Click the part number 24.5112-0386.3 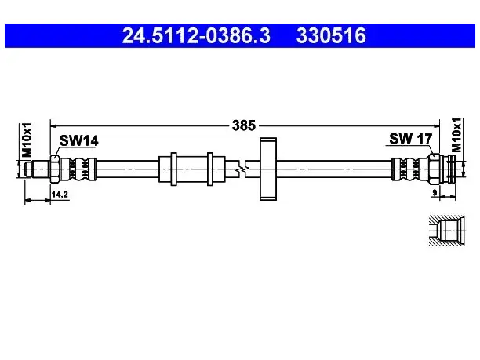[x=196, y=35]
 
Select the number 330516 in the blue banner [x=331, y=35]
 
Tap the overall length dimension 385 [x=244, y=125]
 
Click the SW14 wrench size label [x=78, y=141]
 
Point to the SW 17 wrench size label [x=410, y=139]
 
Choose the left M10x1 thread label [x=27, y=140]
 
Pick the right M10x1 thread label [x=456, y=135]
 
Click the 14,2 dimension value [x=60, y=195]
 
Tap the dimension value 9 [x=435, y=193]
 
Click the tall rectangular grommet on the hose [x=268, y=169]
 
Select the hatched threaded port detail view [x=446, y=231]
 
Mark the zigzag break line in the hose [x=243, y=169]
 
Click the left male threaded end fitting [x=38, y=169]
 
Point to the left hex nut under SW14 [x=56, y=169]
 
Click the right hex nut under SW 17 [x=434, y=169]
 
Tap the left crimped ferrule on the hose [x=79, y=169]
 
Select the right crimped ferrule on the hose [x=409, y=169]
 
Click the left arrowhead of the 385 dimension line [x=53, y=125]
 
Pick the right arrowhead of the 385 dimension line [x=436, y=125]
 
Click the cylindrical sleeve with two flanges [x=192, y=169]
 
